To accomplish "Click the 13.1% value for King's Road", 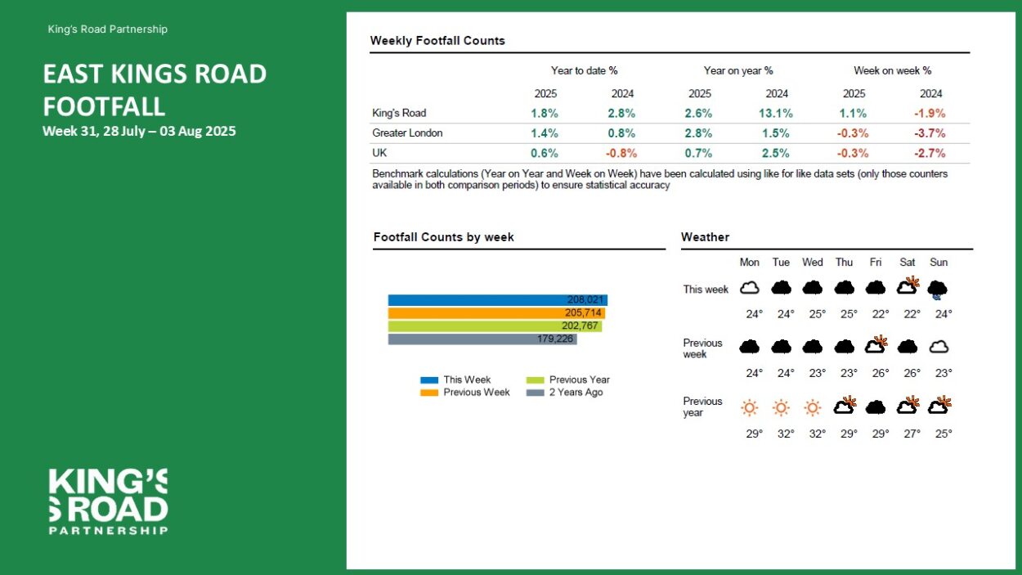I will coord(777,114).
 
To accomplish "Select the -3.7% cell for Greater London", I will coord(930,133).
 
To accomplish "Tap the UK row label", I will coord(379,153).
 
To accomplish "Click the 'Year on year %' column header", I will coord(738,71).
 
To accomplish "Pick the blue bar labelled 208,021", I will coord(497,300).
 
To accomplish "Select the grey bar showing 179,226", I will coord(482,339).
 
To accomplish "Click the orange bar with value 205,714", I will coord(495,313).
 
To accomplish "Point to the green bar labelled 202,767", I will coord(494,326).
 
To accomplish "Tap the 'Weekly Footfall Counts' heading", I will coord(437,41).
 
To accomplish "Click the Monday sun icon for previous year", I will coord(749,407).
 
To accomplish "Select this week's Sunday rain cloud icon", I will coord(938,289).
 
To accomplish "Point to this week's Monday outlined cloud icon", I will coord(749,288).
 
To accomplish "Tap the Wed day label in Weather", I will coord(812,263).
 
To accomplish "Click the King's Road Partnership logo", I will coord(108,501).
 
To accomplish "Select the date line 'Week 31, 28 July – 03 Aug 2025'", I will coord(139,131).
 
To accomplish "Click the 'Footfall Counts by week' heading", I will coord(443,237).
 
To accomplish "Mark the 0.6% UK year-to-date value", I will coord(545,153).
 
